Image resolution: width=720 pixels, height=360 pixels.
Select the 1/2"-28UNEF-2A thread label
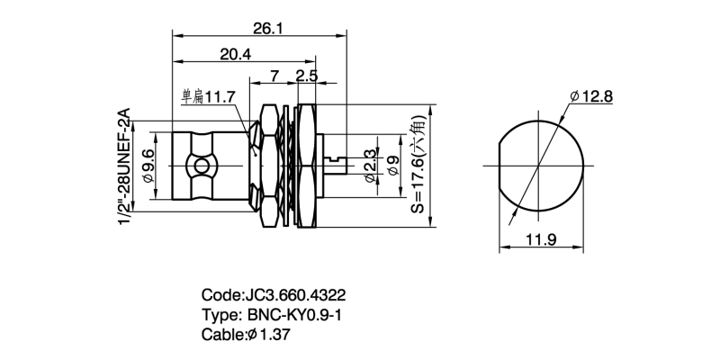coord(125,168)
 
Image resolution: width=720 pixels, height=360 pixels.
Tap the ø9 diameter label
coord(392,166)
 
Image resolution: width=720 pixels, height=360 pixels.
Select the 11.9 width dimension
coord(537,240)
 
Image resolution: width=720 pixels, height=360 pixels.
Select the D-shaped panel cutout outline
coord(538,166)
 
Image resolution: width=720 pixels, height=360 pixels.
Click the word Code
coord(221,295)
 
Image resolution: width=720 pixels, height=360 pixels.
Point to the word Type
coord(220,315)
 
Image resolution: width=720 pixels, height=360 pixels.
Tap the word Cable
coord(224,335)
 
